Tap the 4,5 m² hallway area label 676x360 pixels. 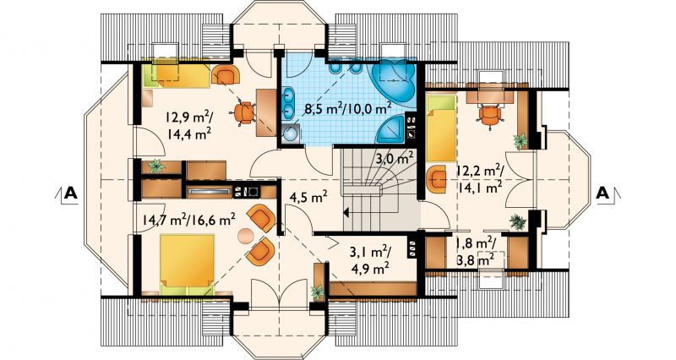tap(308, 198)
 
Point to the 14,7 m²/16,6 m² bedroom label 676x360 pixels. tap(188, 220)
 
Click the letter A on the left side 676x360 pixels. tap(71, 194)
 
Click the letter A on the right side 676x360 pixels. tap(602, 194)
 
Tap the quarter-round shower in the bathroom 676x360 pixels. tap(391, 129)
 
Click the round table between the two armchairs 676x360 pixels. tap(247, 235)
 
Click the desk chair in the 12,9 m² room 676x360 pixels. tap(245, 113)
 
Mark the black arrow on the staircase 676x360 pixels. tap(346, 212)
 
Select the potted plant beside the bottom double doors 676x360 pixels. tap(318, 292)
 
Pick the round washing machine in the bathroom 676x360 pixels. tap(292, 133)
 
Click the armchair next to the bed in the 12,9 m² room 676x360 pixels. tap(226, 75)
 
